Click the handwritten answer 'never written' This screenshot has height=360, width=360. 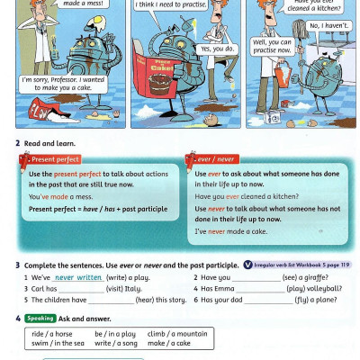click(77, 278)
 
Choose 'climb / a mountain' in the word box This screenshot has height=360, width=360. click(177, 333)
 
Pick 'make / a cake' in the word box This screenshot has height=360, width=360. click(169, 343)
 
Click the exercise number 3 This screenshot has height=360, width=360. click(17, 265)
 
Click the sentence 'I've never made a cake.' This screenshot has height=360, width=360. click(231, 231)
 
